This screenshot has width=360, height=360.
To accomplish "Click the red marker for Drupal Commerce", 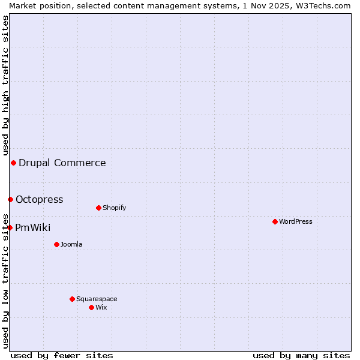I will pyautogui.click(x=13, y=163).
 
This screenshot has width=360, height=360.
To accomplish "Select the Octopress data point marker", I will pyautogui.click(x=10, y=199).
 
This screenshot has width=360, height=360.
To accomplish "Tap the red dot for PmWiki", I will pyautogui.click(x=10, y=227).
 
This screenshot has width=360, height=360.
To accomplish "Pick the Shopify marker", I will pyautogui.click(x=98, y=208).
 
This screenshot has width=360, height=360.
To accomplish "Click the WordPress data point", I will pyautogui.click(x=275, y=221).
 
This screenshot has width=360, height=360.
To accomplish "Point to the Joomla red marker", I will pyautogui.click(x=56, y=244).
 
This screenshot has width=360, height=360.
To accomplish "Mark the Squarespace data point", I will pyautogui.click(x=72, y=299).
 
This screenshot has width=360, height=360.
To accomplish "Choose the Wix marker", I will pyautogui.click(x=91, y=307).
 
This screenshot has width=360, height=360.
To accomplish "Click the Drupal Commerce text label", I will pyautogui.click(x=62, y=163).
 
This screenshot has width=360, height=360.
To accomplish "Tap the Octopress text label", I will pyautogui.click(x=39, y=200).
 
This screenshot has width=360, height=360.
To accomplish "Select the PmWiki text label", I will pyautogui.click(x=33, y=228).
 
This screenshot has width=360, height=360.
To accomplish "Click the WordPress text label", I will pyautogui.click(x=296, y=222).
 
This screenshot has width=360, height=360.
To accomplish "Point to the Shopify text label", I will pyautogui.click(x=115, y=208).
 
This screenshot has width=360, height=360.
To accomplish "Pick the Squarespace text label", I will pyautogui.click(x=97, y=299).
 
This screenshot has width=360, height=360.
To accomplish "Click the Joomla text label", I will pyautogui.click(x=71, y=245).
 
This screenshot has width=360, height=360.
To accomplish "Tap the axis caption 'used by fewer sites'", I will pyautogui.click(x=62, y=355).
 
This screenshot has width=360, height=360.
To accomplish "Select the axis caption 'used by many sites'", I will pyautogui.click(x=301, y=355).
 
